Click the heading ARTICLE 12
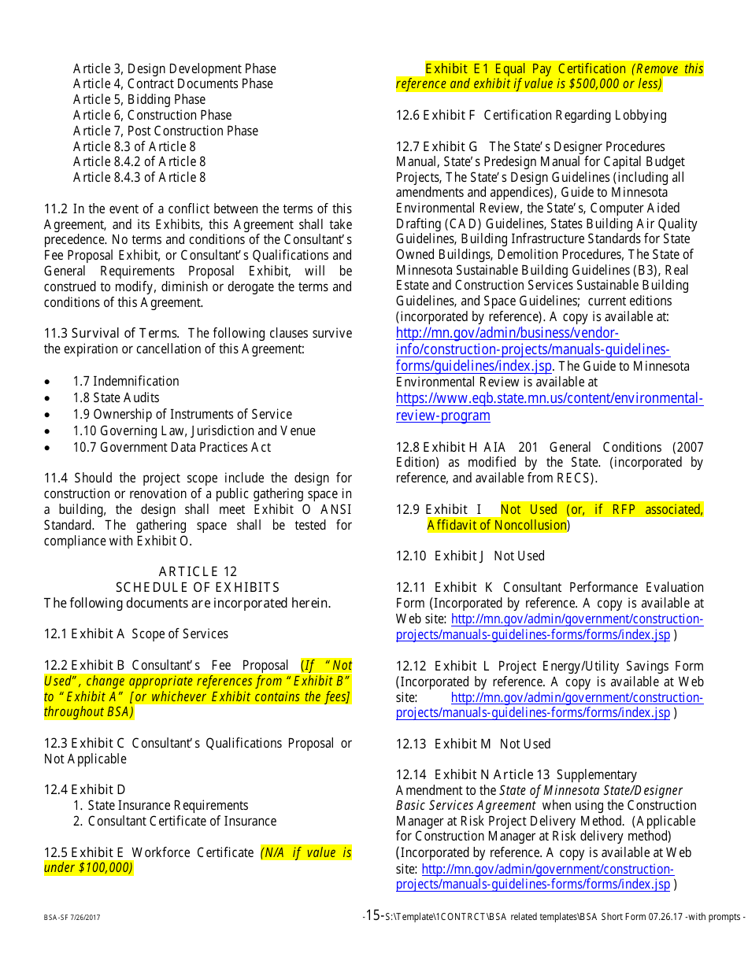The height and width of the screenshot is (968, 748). tap(198, 571)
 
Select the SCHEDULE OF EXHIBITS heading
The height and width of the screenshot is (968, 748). tap(198, 587)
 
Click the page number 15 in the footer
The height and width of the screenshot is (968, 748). tap(373, 914)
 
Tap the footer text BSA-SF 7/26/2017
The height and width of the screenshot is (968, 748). tap(72, 918)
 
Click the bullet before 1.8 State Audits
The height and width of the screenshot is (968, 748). tap(49, 398)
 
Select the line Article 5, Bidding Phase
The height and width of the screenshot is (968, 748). tap(139, 99)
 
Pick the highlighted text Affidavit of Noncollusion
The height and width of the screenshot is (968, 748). tap(497, 525)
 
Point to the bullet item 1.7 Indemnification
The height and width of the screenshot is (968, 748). tap(126, 381)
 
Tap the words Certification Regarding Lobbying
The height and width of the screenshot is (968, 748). tap(575, 115)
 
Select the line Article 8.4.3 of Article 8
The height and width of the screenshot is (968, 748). tap(139, 177)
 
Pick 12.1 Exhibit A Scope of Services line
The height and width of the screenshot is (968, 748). tap(136, 634)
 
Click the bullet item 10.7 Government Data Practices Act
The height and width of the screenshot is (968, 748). tap(172, 447)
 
